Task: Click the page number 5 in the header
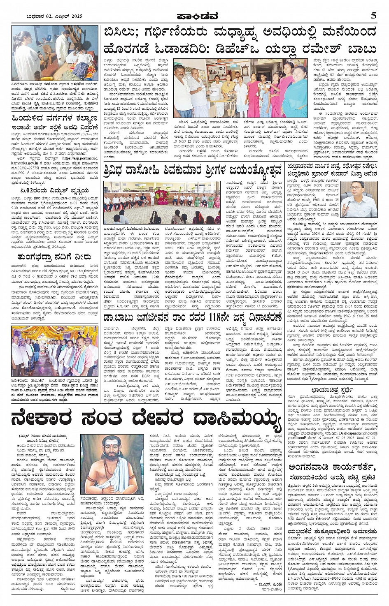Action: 373,16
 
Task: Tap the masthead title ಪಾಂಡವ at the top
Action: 194,16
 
